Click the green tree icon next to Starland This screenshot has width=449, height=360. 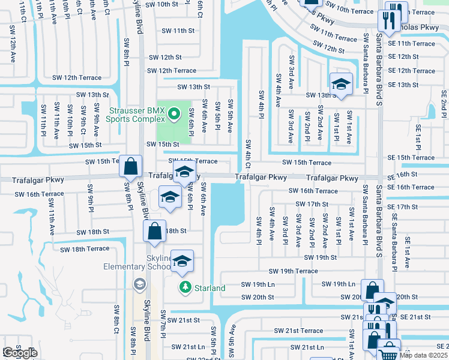[x=186, y=288]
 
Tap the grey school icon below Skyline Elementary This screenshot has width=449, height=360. [x=140, y=283]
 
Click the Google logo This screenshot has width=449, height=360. [x=20, y=353]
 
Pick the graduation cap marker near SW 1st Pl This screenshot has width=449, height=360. [x=340, y=85]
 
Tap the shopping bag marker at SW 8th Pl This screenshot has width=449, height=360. [x=130, y=166]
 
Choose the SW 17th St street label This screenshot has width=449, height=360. [x=311, y=204]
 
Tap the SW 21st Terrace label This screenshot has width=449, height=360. [x=299, y=331]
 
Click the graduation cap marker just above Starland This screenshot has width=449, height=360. [x=182, y=261]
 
